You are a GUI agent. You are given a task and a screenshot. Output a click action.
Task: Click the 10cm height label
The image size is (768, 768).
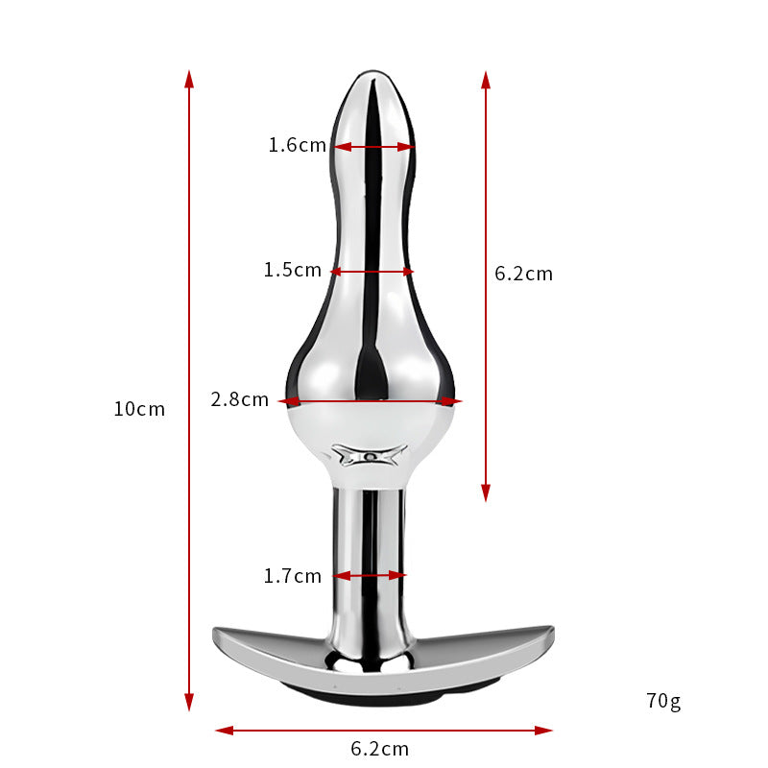point(139,409)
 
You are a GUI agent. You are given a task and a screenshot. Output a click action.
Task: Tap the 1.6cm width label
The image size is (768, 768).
point(298,145)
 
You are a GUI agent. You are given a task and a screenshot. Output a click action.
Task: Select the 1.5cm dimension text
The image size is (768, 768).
point(293,270)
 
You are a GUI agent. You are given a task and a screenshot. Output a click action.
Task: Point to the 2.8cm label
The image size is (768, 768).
point(239,399)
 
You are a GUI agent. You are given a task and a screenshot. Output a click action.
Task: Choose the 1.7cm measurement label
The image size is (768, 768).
point(293,576)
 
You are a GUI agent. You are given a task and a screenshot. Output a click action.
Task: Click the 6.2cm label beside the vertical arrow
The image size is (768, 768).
point(523,274)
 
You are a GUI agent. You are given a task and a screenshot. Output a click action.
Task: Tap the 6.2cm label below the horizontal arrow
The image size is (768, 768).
point(379,749)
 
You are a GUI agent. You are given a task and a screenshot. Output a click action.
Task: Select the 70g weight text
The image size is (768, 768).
point(663,701)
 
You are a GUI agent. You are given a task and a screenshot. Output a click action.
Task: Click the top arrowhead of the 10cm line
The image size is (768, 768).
point(189,80)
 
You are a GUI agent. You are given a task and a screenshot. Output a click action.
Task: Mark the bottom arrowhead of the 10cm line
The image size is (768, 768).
point(189,702)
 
